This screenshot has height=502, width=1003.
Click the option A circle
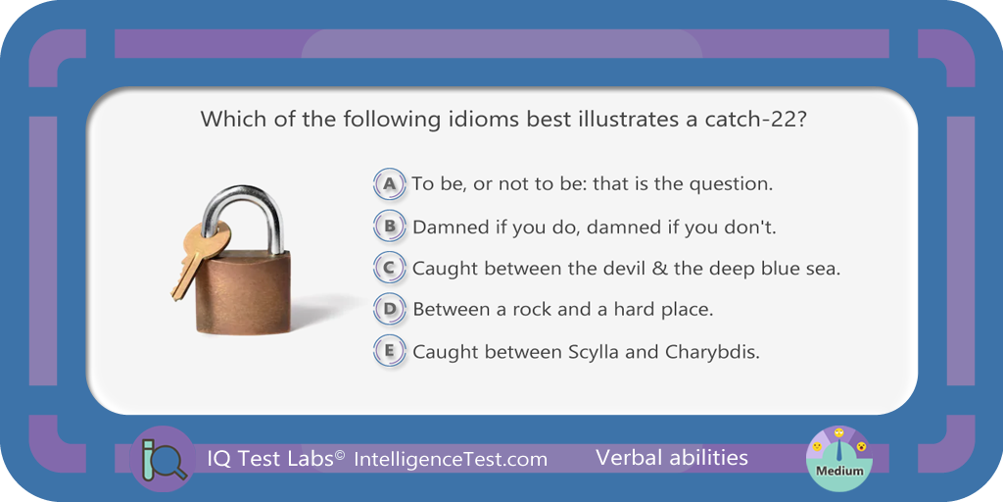tap(389, 184)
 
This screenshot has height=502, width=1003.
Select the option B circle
tap(389, 226)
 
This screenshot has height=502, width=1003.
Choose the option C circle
tap(389, 269)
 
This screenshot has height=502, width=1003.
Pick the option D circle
tap(389, 310)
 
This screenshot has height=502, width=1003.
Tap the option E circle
tap(389, 352)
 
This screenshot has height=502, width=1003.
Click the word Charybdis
tap(712, 353)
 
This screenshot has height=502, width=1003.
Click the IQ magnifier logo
tap(163, 459)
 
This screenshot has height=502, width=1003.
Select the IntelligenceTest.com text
tap(451, 459)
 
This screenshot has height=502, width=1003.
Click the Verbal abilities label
tap(672, 457)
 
